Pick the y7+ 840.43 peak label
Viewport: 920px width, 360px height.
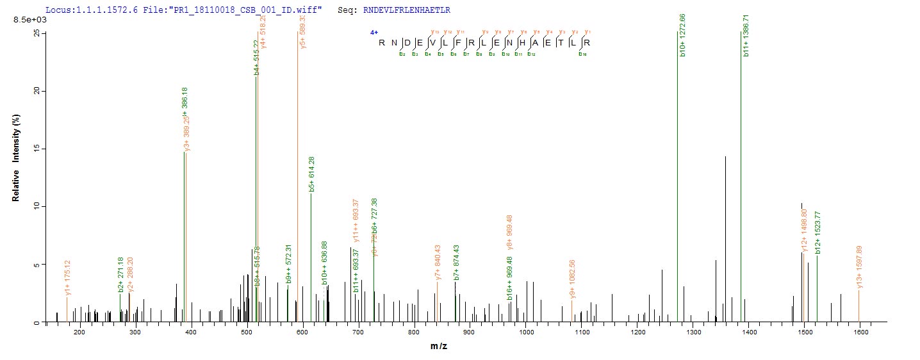coord(438,263)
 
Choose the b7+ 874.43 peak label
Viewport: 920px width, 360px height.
coord(456,263)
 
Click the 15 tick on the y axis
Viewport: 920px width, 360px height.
coord(37,149)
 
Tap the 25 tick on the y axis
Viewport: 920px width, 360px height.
coord(37,33)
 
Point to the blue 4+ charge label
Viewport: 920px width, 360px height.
coord(374,32)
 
